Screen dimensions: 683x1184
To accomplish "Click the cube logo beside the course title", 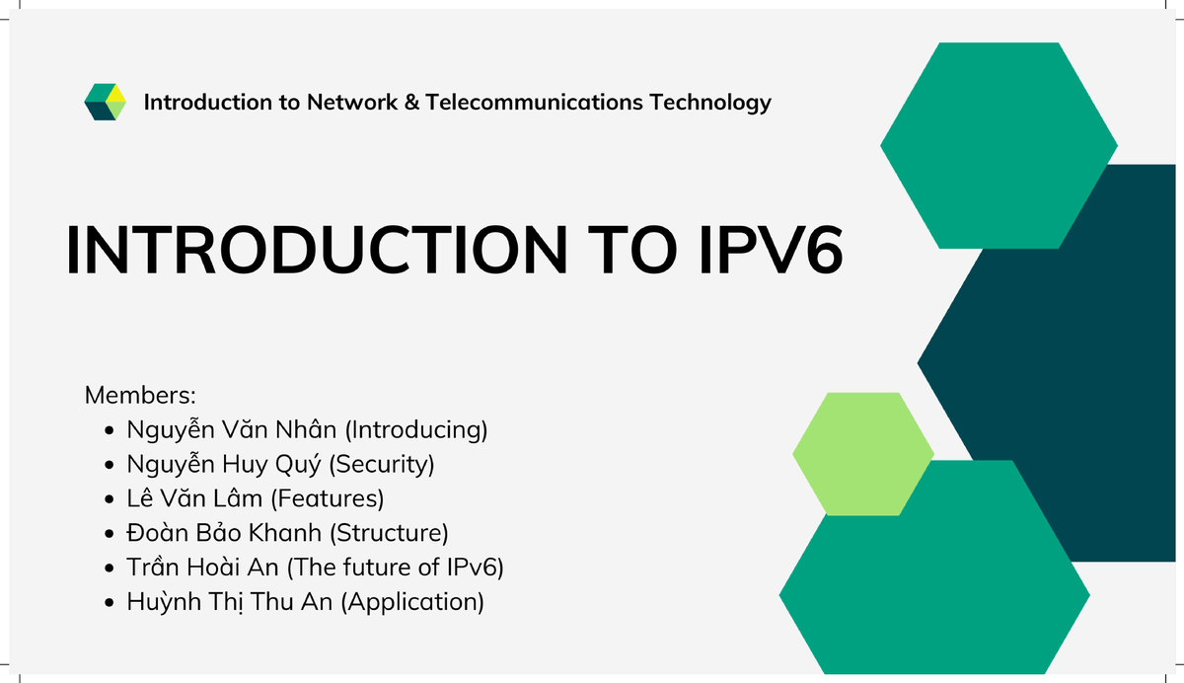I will [106, 102].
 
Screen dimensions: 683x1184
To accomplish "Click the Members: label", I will [141, 396].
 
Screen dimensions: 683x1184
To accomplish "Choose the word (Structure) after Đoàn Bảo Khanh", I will [389, 533].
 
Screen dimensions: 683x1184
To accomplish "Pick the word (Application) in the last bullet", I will [412, 602].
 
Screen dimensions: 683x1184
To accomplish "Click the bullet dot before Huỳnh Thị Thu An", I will [111, 602].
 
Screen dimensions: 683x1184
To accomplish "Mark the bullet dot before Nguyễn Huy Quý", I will [111, 465].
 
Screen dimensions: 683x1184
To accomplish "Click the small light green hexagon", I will [862, 454].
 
